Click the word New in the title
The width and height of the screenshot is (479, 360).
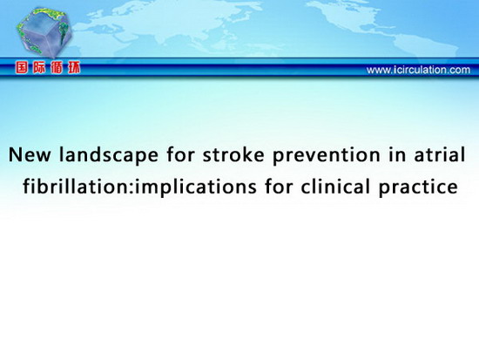point(30,154)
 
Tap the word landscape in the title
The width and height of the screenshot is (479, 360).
point(109,155)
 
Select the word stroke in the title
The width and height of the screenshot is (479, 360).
point(233,154)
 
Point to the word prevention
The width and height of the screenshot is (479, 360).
point(327,155)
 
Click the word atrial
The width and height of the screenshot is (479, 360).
point(440,154)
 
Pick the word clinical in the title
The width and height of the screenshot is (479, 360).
point(335,186)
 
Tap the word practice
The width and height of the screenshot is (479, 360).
point(418,187)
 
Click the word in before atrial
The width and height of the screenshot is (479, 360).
point(397,154)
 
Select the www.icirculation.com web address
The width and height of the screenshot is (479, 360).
point(418,70)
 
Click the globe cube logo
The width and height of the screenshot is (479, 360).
point(44,33)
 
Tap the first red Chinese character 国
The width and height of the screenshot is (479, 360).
point(22,68)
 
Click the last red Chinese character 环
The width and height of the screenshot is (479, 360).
point(74,68)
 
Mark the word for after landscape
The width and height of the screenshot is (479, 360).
point(180,154)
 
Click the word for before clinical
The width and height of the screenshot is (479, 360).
point(279,186)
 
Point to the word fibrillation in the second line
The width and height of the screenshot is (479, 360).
point(77,186)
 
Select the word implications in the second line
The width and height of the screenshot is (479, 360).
point(195,187)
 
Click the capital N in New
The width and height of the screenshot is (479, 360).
point(15,155)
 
